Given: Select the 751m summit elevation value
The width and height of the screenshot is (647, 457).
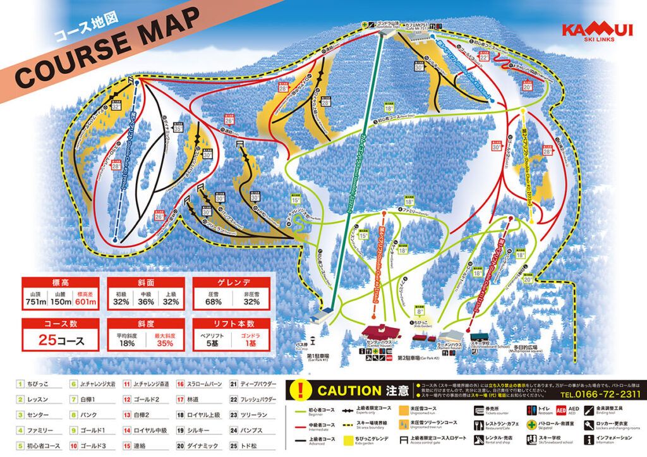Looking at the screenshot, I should coord(37,303).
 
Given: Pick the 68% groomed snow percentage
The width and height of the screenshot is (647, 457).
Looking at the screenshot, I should coord(213,303).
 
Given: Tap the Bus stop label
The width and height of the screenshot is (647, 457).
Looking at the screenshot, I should coord(316,346).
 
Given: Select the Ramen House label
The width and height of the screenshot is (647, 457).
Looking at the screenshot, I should coord(450,347).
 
